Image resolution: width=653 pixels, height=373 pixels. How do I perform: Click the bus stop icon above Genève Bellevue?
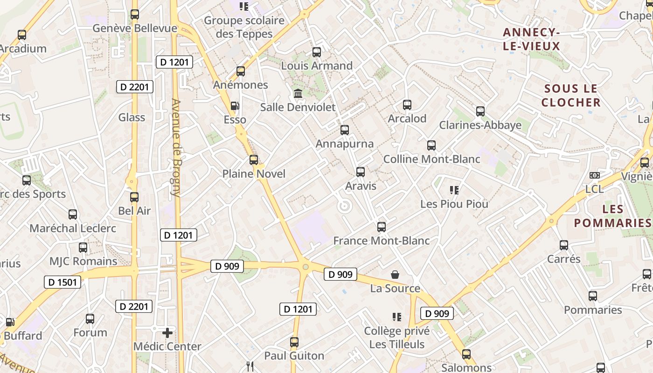point(135,14)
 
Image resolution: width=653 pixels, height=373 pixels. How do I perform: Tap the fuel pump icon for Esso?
point(235,106)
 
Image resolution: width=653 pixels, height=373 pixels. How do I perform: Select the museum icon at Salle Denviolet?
point(298,94)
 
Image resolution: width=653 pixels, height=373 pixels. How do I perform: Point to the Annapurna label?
point(345,144)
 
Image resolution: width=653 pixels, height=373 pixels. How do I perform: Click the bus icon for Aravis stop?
point(361,172)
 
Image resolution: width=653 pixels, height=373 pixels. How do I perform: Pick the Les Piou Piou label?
point(454,204)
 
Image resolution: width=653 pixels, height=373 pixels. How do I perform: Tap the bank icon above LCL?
point(594,175)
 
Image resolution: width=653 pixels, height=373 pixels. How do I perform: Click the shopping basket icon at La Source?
point(395,275)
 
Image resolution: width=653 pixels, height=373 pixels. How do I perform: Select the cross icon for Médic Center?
point(167,333)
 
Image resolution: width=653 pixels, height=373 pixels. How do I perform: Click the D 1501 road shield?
point(63,282)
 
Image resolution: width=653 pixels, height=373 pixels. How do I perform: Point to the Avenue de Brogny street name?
point(176,148)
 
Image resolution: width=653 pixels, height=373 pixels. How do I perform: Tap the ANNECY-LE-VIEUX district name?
point(531,39)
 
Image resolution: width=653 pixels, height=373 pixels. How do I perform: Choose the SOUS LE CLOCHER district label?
point(571,96)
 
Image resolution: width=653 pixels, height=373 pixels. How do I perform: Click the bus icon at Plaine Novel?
point(254,160)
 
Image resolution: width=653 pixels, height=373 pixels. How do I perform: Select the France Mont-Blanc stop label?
point(382,241)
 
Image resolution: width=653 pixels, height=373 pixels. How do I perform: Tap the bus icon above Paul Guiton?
point(294,342)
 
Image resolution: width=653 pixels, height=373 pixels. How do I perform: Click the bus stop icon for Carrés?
point(564,245)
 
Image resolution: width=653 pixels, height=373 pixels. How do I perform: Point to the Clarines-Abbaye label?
point(480,125)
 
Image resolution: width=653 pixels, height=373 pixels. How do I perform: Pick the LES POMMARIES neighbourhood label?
point(612,216)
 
